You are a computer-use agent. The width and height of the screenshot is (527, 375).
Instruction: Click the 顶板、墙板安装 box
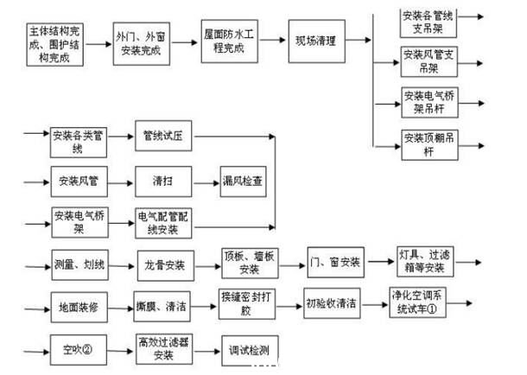[248, 263]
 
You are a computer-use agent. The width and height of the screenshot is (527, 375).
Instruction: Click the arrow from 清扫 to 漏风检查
[203, 182]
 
